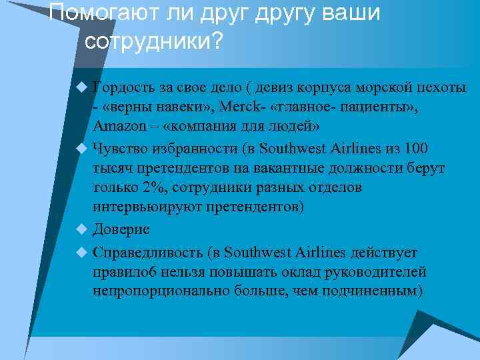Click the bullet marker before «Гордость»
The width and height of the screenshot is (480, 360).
click(x=82, y=87)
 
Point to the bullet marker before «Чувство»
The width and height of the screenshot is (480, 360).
click(x=82, y=148)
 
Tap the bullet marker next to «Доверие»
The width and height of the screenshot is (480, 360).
click(x=82, y=229)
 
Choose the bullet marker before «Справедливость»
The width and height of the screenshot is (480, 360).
click(x=82, y=252)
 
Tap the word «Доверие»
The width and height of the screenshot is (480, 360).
click(x=121, y=229)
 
